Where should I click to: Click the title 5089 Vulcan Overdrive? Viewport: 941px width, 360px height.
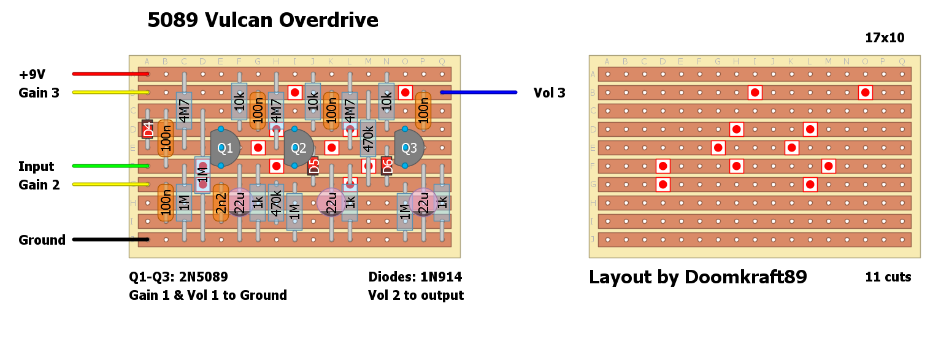[263, 21]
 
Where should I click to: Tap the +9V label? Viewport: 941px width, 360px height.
[32, 75]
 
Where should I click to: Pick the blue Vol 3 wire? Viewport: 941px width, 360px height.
[478, 93]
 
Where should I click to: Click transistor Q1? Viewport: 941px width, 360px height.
[225, 148]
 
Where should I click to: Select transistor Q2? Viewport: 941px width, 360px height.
[298, 148]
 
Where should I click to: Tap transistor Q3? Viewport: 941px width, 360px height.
[409, 148]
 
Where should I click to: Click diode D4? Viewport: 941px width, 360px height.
[147, 129]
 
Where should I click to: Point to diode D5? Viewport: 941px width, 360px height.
[313, 166]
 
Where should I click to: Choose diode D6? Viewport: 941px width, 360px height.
[386, 166]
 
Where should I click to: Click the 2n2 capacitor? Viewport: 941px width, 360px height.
[221, 202]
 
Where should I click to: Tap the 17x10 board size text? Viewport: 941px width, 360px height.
[885, 38]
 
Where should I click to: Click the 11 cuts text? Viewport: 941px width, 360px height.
[888, 277]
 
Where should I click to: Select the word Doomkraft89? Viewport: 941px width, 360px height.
[745, 278]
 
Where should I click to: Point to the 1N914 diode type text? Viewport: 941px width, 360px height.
[440, 277]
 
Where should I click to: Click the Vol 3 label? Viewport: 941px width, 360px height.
[550, 93]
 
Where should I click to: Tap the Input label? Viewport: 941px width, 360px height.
[36, 167]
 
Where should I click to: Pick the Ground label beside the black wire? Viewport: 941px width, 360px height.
[42, 240]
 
